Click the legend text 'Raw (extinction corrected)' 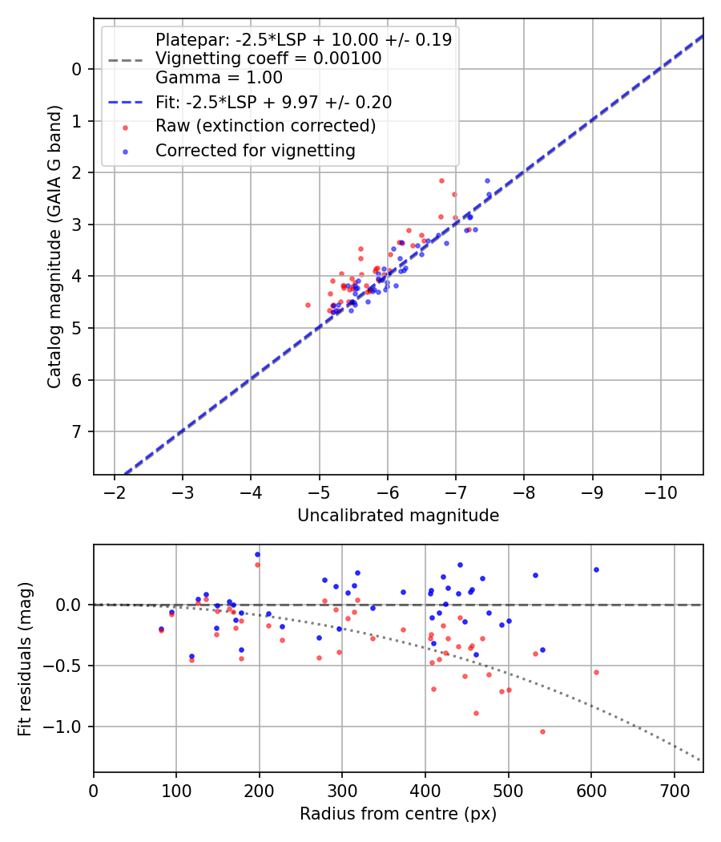tap(265, 126)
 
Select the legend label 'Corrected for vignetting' tap(256, 150)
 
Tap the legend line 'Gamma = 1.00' tap(219, 78)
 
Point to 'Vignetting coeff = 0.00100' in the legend tap(268, 59)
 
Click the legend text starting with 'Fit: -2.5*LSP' tap(273, 102)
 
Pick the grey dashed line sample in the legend tap(125, 59)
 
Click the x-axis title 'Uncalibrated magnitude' tap(398, 516)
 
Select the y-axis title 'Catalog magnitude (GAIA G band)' tap(54, 245)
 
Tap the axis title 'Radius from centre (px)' tap(398, 814)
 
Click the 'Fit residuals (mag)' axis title tap(25, 658)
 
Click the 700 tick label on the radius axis tap(675, 791)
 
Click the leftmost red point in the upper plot tap(308, 305)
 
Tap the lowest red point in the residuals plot tap(542, 731)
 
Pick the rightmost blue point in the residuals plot tap(596, 569)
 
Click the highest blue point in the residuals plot tap(257, 554)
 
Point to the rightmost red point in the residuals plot tap(596, 672)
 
